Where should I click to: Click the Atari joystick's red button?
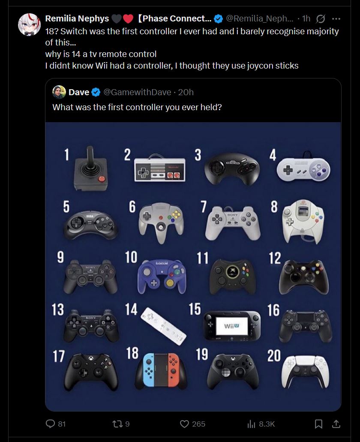[x=102, y=179]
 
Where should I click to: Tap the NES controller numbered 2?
[x=160, y=169]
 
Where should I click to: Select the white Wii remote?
[x=163, y=326]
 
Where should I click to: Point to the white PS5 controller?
[x=305, y=371]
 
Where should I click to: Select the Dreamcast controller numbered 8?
[x=303, y=222]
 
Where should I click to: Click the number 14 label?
[x=131, y=309]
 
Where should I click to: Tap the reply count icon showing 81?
[x=50, y=424]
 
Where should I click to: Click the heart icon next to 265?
[x=184, y=424]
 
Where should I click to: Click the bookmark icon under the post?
[x=318, y=424]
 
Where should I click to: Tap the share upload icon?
[x=336, y=424]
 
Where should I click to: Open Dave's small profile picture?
[x=59, y=92]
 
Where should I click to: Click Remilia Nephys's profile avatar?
[x=29, y=24]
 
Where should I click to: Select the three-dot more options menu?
[x=336, y=19]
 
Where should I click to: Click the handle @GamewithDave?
[x=137, y=92]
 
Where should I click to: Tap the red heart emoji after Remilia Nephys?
[x=128, y=18]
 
